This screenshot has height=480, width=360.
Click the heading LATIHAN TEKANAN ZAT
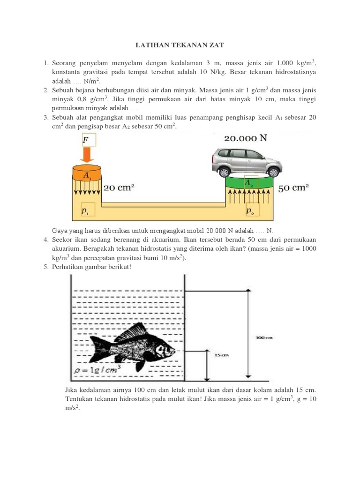pyautogui.click(x=180, y=45)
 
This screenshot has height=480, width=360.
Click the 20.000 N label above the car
pyautogui.click(x=246, y=138)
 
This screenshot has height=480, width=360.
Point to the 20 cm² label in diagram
pyautogui.click(x=119, y=187)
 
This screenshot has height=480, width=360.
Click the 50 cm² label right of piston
pyautogui.click(x=293, y=188)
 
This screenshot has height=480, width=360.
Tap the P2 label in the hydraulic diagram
pyautogui.click(x=250, y=210)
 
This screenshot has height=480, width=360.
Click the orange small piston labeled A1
pyautogui.click(x=87, y=173)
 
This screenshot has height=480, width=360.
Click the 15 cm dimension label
pyautogui.click(x=221, y=355)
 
